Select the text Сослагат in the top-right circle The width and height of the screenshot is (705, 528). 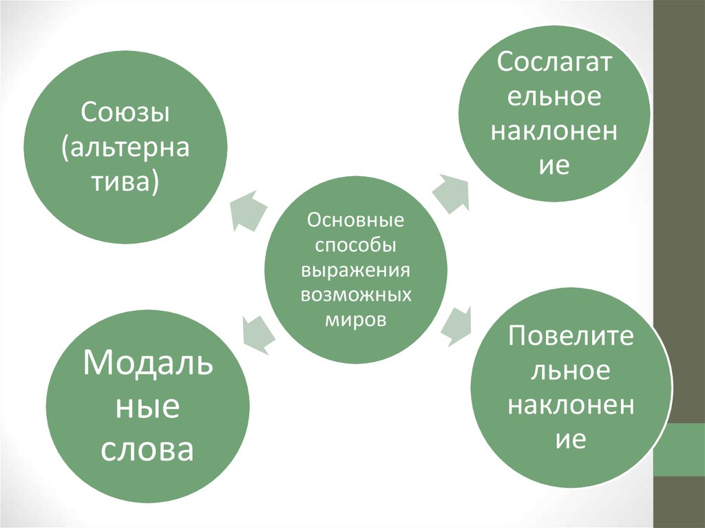(x=554, y=63)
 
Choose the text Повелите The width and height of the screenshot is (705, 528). (x=571, y=337)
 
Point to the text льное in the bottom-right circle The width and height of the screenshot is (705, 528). (x=571, y=371)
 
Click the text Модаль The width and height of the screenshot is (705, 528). (x=147, y=362)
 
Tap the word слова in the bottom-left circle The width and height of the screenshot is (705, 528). (x=147, y=450)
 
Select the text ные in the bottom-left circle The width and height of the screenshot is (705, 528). (x=147, y=407)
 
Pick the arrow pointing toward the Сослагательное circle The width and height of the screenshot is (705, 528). (x=450, y=189)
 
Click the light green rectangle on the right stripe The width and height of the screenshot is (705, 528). (x=679, y=450)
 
